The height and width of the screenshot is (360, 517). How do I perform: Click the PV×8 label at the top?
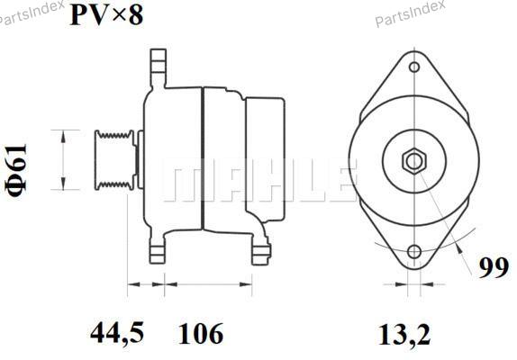pyautogui.click(x=106, y=15)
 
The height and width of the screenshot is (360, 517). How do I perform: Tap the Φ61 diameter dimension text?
pyautogui.click(x=16, y=170)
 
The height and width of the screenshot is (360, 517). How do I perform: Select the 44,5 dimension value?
pyautogui.click(x=117, y=333)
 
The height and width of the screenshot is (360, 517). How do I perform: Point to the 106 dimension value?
pyautogui.click(x=201, y=333)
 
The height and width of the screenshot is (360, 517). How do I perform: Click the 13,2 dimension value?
pyautogui.click(x=404, y=335)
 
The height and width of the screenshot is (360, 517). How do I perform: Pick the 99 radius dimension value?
pyautogui.click(x=494, y=268)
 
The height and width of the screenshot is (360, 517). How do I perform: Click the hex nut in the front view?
pyautogui.click(x=414, y=162)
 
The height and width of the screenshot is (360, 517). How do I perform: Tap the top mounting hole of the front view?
pyautogui.click(x=414, y=67)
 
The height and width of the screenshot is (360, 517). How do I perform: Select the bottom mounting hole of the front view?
pyautogui.click(x=414, y=252)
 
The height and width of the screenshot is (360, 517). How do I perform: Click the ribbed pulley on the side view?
pyautogui.click(x=114, y=159)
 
